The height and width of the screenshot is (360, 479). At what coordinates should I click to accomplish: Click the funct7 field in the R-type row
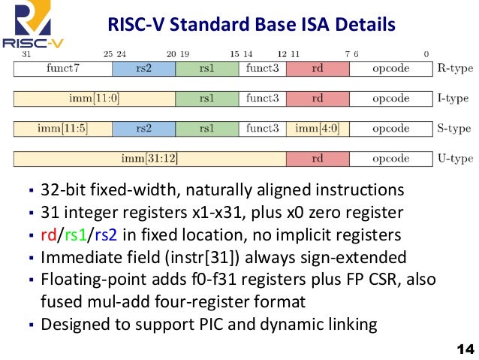pyautogui.click(x=63, y=68)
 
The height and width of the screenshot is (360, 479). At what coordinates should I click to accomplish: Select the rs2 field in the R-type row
pyautogui.click(x=143, y=68)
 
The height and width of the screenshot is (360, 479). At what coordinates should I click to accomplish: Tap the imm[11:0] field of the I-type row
pyautogui.click(x=63, y=98)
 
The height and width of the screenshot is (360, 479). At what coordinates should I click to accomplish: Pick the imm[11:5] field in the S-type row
pyautogui.click(x=63, y=129)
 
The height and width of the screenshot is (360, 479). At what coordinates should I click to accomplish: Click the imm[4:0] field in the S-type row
pyautogui.click(x=318, y=129)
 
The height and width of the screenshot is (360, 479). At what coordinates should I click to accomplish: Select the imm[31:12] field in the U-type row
pyautogui.click(x=149, y=159)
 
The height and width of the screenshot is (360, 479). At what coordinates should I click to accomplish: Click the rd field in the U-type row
pyautogui.click(x=318, y=159)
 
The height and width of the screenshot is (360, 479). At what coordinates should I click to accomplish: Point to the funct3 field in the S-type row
pyautogui.click(x=263, y=129)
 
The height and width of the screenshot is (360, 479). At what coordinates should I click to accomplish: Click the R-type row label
pyautogui.click(x=453, y=68)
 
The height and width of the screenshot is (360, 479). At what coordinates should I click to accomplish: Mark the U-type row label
pyautogui.click(x=453, y=159)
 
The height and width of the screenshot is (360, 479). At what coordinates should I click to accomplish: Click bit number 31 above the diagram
pyautogui.click(x=26, y=54)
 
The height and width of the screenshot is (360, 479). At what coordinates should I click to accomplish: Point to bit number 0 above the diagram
pyautogui.click(x=426, y=54)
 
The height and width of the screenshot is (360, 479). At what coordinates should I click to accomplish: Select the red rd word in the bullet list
pyautogui.click(x=49, y=234)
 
